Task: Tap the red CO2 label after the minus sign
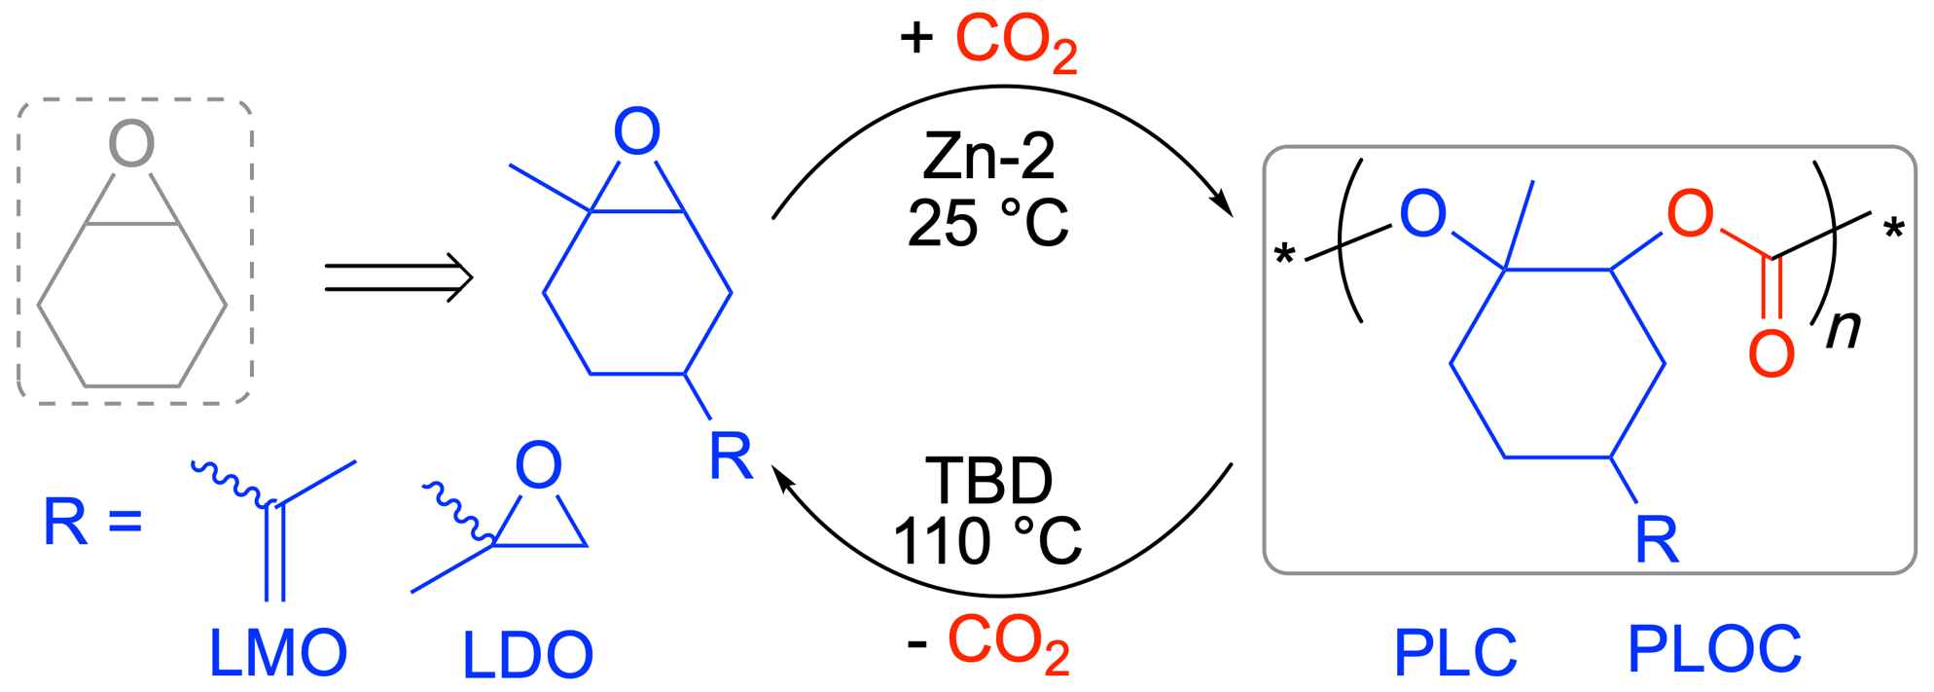click(x=1008, y=644)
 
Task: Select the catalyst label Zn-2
click(x=988, y=156)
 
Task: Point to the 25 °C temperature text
click(x=987, y=223)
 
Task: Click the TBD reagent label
click(x=988, y=481)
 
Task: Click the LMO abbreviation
click(x=278, y=653)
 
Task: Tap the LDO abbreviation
click(x=527, y=656)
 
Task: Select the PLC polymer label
click(x=1454, y=653)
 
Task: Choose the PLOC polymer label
click(x=1714, y=649)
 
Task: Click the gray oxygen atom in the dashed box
click(x=131, y=144)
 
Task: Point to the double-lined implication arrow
click(x=398, y=277)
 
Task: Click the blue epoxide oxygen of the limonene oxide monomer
click(x=637, y=132)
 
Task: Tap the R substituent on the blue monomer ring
click(x=730, y=455)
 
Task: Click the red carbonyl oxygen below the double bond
click(x=1771, y=353)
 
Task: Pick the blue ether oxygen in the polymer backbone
click(x=1422, y=215)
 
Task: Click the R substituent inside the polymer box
click(x=1657, y=539)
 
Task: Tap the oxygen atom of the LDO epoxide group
click(x=538, y=465)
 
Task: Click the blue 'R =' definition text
click(x=92, y=522)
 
